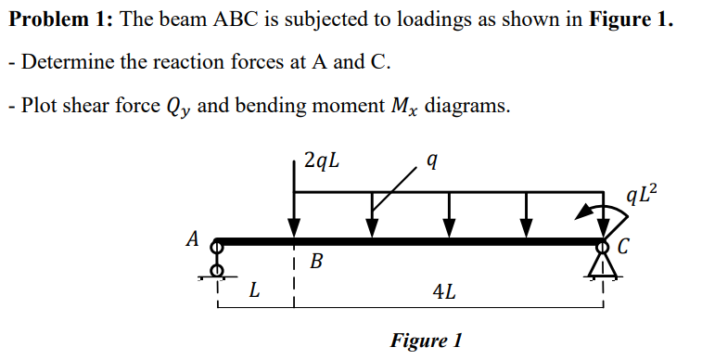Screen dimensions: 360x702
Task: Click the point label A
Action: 193,238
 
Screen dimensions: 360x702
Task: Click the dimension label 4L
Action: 443,291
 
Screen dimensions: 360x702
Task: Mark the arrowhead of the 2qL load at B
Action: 294,228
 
